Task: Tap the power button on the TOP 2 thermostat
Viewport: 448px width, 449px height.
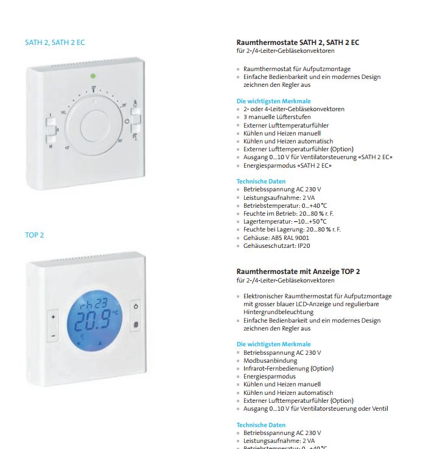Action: tap(135, 307)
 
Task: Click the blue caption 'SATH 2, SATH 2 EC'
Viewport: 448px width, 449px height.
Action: tap(55, 43)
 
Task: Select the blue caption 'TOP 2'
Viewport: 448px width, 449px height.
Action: tap(35, 235)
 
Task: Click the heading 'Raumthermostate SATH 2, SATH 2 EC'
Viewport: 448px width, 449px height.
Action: tap(298, 43)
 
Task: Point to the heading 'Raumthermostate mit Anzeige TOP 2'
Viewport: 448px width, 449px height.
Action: tap(298, 272)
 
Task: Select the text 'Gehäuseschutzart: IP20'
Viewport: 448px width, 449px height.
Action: tap(276, 245)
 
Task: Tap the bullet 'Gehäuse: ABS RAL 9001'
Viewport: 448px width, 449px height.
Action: tap(276, 238)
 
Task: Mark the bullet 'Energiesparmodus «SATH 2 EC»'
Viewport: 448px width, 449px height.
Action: tap(287, 165)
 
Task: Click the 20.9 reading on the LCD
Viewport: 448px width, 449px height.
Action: tap(90, 320)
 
